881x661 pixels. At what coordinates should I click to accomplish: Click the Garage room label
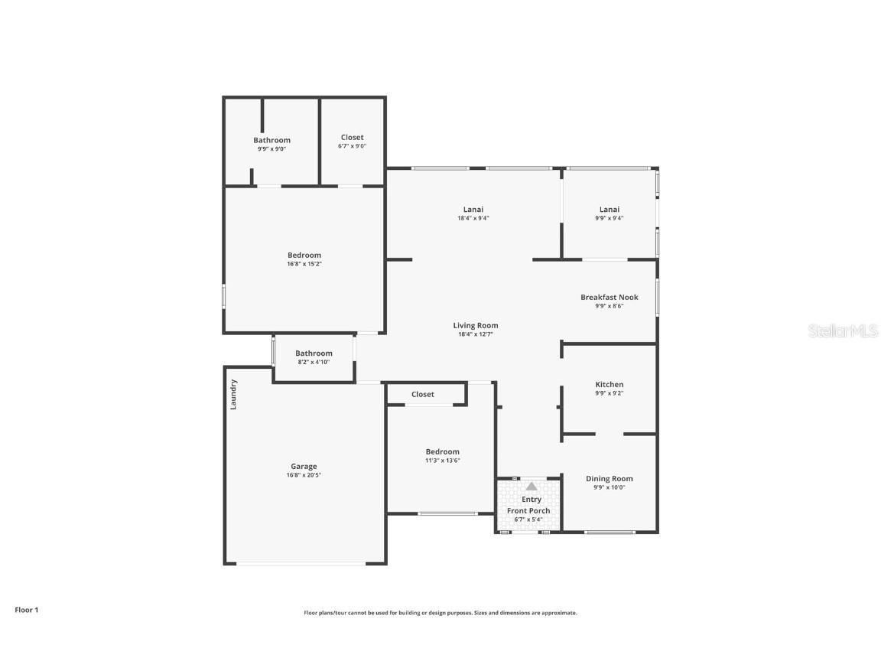pos(304,466)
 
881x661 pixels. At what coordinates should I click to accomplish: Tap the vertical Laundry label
pos(234,394)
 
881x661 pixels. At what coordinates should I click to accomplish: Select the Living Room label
pos(475,325)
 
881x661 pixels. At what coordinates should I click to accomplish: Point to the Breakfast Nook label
pos(609,297)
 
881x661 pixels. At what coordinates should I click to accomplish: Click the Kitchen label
pos(609,384)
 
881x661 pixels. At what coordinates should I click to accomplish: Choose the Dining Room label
pos(609,478)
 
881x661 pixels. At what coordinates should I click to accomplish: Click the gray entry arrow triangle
pos(531,486)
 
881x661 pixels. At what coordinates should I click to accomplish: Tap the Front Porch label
pos(528,510)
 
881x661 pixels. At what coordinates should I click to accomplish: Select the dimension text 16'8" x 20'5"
pos(304,475)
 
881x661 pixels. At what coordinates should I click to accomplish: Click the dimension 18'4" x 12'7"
pos(475,334)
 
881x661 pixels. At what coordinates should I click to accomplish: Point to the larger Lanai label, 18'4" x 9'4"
pos(473,209)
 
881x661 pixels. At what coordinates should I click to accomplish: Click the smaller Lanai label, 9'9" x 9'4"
pos(609,209)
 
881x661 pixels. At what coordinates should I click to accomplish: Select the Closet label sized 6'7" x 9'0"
pos(352,137)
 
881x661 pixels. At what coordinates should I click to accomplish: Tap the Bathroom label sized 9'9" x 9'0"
pos(271,140)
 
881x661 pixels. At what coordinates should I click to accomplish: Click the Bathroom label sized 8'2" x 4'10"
pos(314,353)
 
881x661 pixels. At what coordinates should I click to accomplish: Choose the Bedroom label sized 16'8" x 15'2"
pos(304,255)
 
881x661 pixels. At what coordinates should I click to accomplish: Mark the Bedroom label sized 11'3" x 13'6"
pos(442,451)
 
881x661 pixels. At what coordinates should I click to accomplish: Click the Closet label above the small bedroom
pos(422,394)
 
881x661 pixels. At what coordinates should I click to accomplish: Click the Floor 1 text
pos(26,610)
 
